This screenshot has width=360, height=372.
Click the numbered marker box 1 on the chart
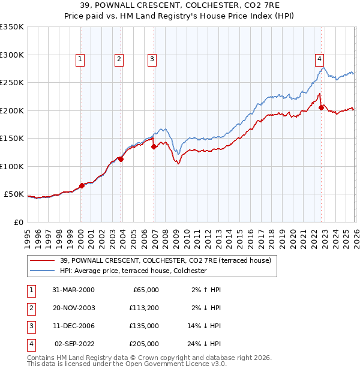[80, 59]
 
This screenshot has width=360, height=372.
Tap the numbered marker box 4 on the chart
[320, 59]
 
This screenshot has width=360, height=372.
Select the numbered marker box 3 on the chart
[152, 59]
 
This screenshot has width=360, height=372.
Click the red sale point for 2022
[322, 107]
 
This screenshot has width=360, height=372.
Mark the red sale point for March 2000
[82, 185]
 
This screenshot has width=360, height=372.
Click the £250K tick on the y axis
[12, 83]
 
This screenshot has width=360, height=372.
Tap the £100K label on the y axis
[12, 166]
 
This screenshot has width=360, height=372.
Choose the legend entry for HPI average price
[133, 271]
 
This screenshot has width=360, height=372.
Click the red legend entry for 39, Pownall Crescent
[166, 260]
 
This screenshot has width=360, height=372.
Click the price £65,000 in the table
[144, 290]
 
